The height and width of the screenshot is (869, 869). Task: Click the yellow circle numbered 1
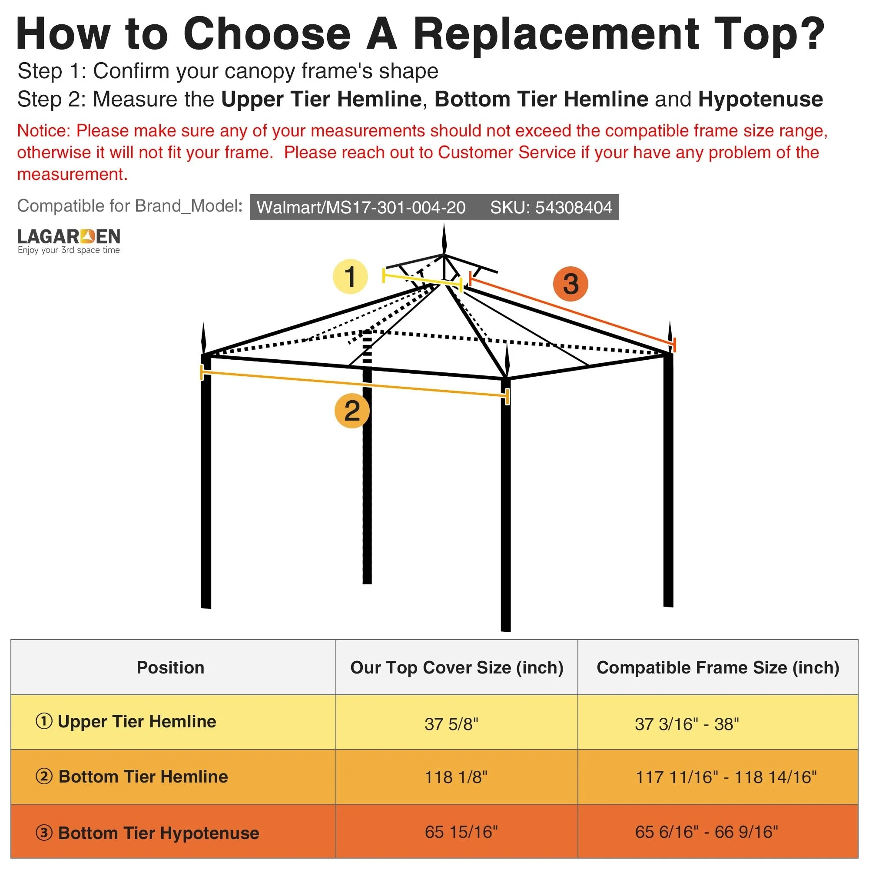point(350,276)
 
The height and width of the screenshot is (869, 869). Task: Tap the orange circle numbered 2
point(352,411)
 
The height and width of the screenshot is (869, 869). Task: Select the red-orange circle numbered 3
point(570,284)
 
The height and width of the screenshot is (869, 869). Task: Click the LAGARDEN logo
point(69,241)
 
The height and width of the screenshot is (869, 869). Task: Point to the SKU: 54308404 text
point(551,207)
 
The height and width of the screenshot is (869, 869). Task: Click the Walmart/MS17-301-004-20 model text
point(361,207)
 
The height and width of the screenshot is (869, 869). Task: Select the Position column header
point(170,667)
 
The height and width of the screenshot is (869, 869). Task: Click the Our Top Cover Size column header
point(457,667)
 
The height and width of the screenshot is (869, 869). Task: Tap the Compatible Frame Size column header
point(718,667)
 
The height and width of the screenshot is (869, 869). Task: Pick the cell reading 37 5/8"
point(451,724)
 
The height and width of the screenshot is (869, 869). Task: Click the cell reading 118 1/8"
point(456,777)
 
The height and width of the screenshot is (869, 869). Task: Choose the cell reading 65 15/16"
point(461,832)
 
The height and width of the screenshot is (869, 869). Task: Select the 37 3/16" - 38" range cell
point(687,724)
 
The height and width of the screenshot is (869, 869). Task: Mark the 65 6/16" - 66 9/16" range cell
point(706,832)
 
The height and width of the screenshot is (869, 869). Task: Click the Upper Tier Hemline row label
point(126,721)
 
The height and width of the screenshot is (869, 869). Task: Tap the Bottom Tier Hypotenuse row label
point(147,833)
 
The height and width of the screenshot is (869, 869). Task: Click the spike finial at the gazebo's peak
point(444,240)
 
